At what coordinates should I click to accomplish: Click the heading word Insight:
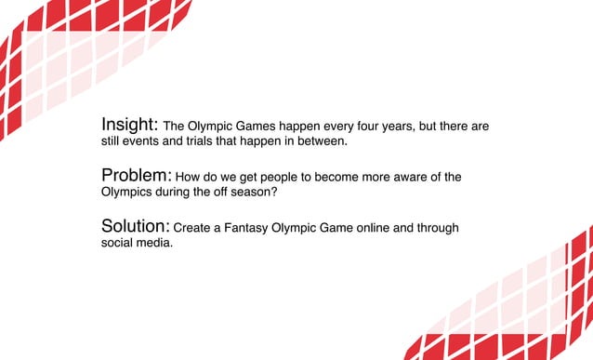tap(129, 125)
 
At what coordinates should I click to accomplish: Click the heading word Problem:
tap(136, 176)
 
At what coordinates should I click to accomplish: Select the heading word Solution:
tap(135, 227)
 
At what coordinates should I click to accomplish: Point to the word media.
tap(154, 245)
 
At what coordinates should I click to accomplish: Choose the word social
tap(117, 245)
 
